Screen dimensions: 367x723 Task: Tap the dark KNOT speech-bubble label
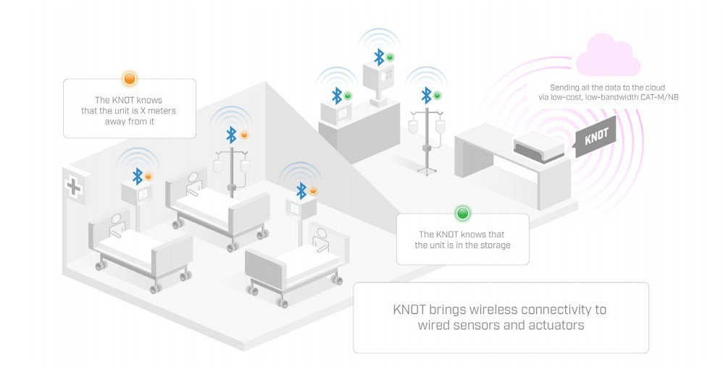click(595, 135)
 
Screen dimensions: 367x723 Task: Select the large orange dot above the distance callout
click(130, 78)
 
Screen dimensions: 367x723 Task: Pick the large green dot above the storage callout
click(462, 214)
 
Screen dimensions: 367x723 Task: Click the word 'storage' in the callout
click(493, 245)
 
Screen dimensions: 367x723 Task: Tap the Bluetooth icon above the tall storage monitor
click(378, 56)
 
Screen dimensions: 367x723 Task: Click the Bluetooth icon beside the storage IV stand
click(427, 95)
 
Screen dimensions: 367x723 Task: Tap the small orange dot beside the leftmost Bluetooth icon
click(149, 176)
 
